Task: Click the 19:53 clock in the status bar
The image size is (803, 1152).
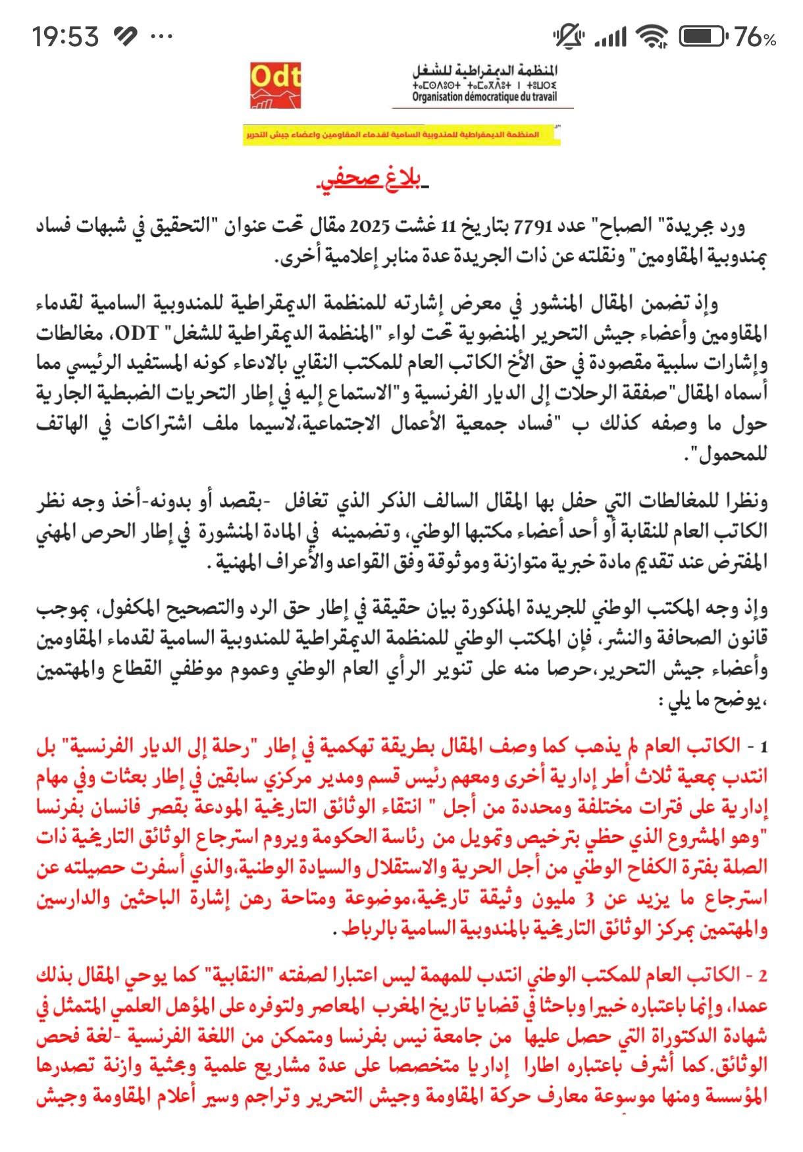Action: tap(66, 36)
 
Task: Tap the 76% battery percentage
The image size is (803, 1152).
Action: tap(755, 38)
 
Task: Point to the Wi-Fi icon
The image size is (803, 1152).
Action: tap(652, 37)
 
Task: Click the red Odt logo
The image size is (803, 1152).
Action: tap(275, 85)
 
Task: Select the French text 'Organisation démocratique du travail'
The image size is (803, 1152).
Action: tap(484, 97)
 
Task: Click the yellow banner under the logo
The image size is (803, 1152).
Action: tap(401, 135)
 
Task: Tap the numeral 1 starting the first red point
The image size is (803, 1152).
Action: tap(764, 748)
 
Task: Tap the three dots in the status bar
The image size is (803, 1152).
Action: tap(161, 37)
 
